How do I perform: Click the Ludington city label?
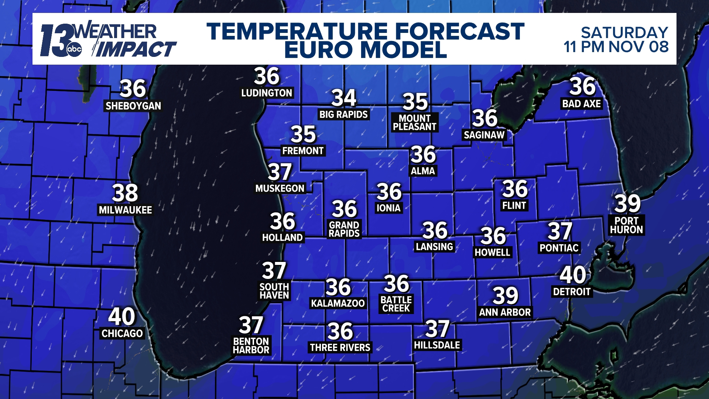pyautogui.click(x=267, y=93)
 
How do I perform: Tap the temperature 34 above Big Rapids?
pyautogui.click(x=344, y=98)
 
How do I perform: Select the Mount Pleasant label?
pyautogui.click(x=415, y=123)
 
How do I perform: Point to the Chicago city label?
pyautogui.click(x=122, y=334)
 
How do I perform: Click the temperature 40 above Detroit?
pyautogui.click(x=573, y=275)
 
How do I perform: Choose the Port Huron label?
pyautogui.click(x=626, y=225)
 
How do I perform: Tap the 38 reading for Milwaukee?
pyautogui.click(x=125, y=193)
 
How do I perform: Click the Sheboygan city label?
pyautogui.click(x=133, y=106)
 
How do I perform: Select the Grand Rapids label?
pyautogui.click(x=344, y=229)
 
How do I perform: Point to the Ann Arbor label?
pyautogui.click(x=505, y=313)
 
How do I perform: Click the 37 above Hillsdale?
pyautogui.click(x=438, y=329)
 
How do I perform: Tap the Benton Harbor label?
pyautogui.click(x=251, y=346)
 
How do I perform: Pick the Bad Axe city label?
pyautogui.click(x=582, y=104)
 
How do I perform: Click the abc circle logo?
pyautogui.click(x=74, y=50)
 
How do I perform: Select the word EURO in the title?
pyautogui.click(x=318, y=50)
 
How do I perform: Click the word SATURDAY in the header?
pyautogui.click(x=624, y=33)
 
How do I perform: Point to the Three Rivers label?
pyautogui.click(x=340, y=348)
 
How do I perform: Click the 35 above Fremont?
pyautogui.click(x=303, y=134)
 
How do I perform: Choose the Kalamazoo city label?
pyautogui.click(x=338, y=304)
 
